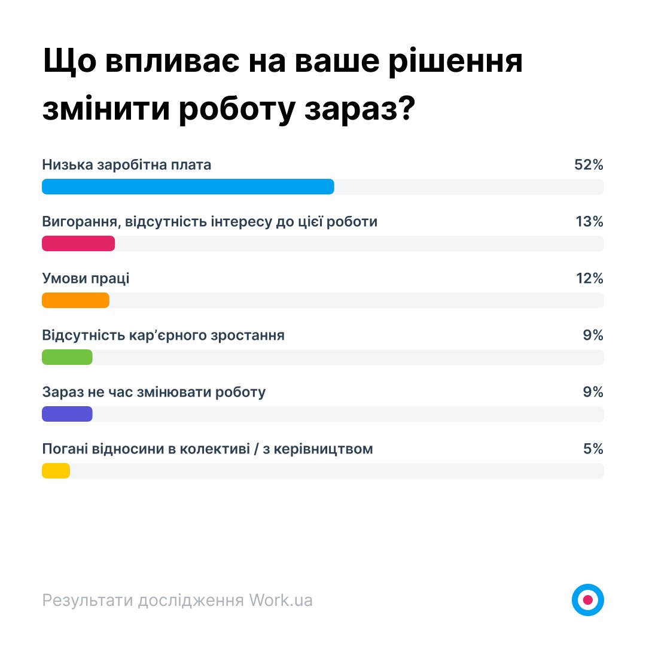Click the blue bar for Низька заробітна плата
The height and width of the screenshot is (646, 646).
click(188, 187)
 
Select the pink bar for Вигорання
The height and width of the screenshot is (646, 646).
click(78, 243)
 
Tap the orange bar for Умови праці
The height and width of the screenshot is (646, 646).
click(75, 300)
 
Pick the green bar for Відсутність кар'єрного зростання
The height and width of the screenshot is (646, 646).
click(67, 357)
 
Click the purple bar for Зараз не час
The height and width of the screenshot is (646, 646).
click(67, 414)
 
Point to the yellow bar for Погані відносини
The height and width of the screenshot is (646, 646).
click(56, 471)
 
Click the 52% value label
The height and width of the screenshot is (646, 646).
click(589, 165)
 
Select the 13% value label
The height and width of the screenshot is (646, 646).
click(589, 222)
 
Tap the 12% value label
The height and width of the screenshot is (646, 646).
click(589, 279)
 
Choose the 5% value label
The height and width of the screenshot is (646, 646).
click(593, 449)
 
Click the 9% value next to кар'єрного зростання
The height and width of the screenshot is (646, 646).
click(593, 336)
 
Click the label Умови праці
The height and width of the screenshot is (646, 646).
click(86, 279)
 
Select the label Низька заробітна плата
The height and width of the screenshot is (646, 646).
click(127, 165)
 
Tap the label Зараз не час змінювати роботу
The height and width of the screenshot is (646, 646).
click(154, 392)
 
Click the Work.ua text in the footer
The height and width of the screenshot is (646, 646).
click(281, 600)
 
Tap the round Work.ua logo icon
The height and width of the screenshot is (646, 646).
click(587, 599)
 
